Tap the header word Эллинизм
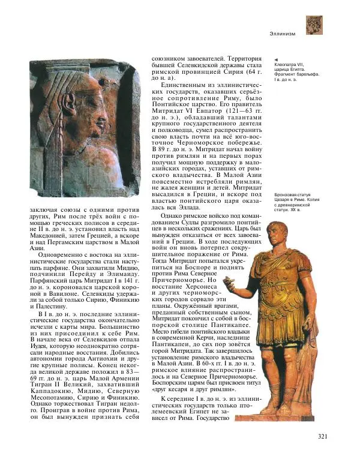tap(283, 34)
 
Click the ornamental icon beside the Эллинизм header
tap(314, 25)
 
